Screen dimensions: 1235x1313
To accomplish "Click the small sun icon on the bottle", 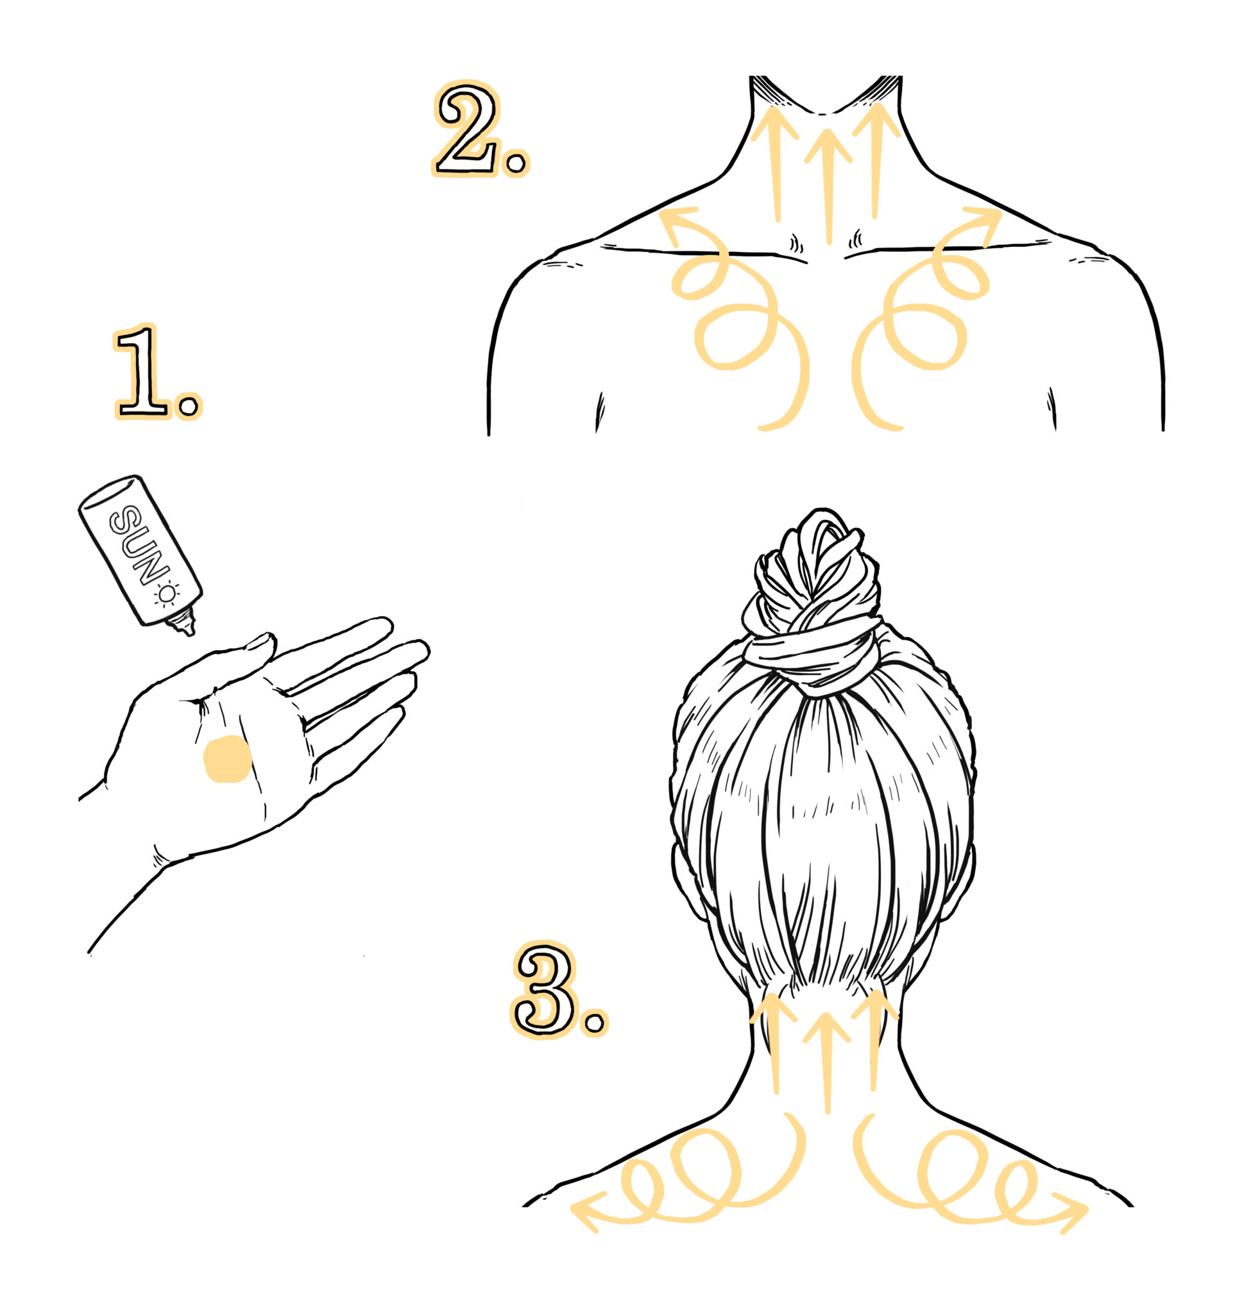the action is pyautogui.click(x=167, y=594).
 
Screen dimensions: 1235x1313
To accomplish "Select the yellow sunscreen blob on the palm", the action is pyautogui.click(x=226, y=760).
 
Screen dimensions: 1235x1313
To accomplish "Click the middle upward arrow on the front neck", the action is pyautogui.click(x=828, y=187).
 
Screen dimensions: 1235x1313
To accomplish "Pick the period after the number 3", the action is pyautogui.click(x=594, y=1023).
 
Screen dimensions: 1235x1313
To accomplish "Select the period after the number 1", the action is pyautogui.click(x=189, y=405).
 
